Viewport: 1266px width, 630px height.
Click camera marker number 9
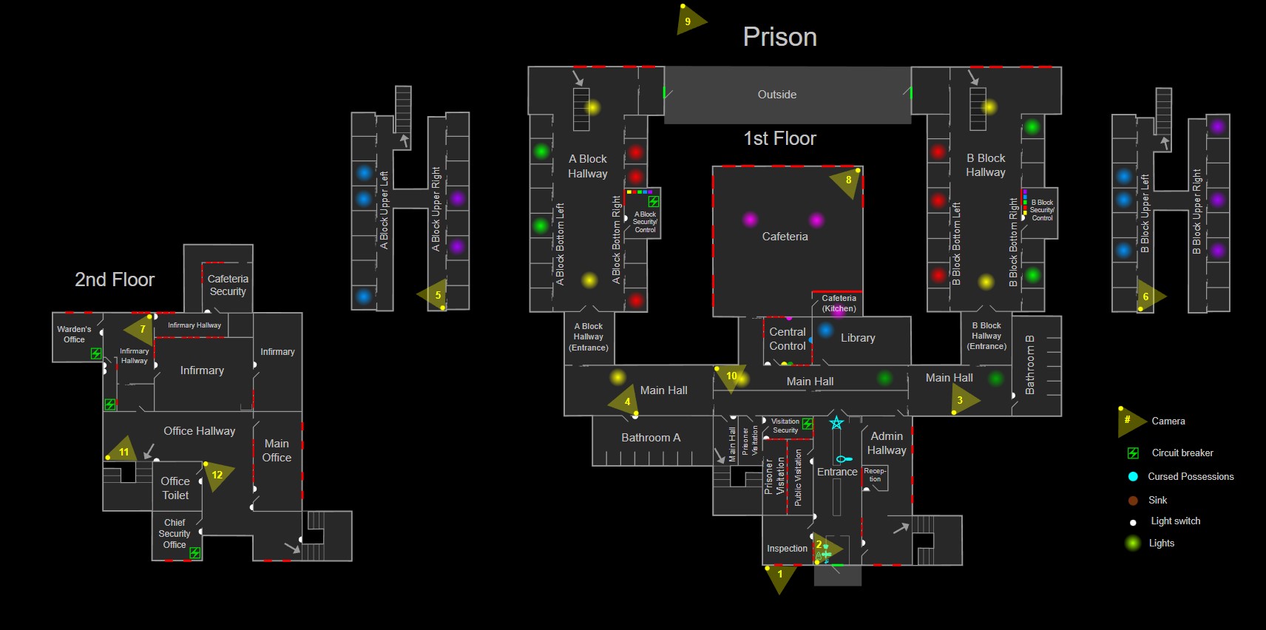(688, 21)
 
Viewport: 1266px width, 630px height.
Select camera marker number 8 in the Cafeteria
(847, 180)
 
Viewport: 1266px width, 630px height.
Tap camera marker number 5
(436, 295)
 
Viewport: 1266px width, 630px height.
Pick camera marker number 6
(1147, 297)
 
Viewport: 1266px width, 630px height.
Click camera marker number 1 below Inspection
(779, 575)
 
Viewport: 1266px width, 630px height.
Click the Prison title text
(779, 37)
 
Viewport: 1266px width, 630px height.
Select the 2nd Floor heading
(115, 280)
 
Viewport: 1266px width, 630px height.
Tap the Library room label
(858, 338)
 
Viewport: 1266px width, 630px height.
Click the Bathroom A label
(651, 438)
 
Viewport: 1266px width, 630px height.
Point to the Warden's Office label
(74, 334)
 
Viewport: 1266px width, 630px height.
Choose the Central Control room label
(788, 339)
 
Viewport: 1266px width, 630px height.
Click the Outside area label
(776, 95)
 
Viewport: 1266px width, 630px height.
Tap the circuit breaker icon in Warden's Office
(96, 353)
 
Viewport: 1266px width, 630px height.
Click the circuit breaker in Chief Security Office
(194, 552)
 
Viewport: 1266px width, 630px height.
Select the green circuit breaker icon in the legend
(1132, 453)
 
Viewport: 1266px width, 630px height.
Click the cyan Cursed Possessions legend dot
(1132, 476)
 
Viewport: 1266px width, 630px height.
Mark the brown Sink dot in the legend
(1132, 501)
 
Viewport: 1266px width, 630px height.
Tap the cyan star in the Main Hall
(836, 423)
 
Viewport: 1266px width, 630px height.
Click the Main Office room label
(277, 450)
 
